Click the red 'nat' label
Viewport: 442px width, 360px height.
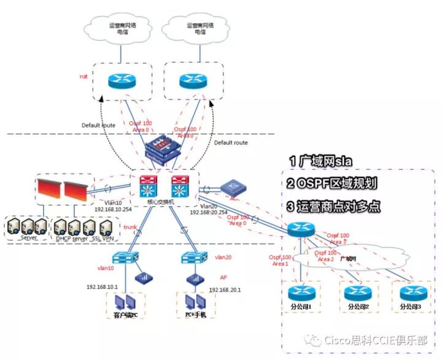(84, 77)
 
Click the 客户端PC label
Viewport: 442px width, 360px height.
(128, 315)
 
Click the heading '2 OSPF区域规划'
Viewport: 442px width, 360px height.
(339, 183)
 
